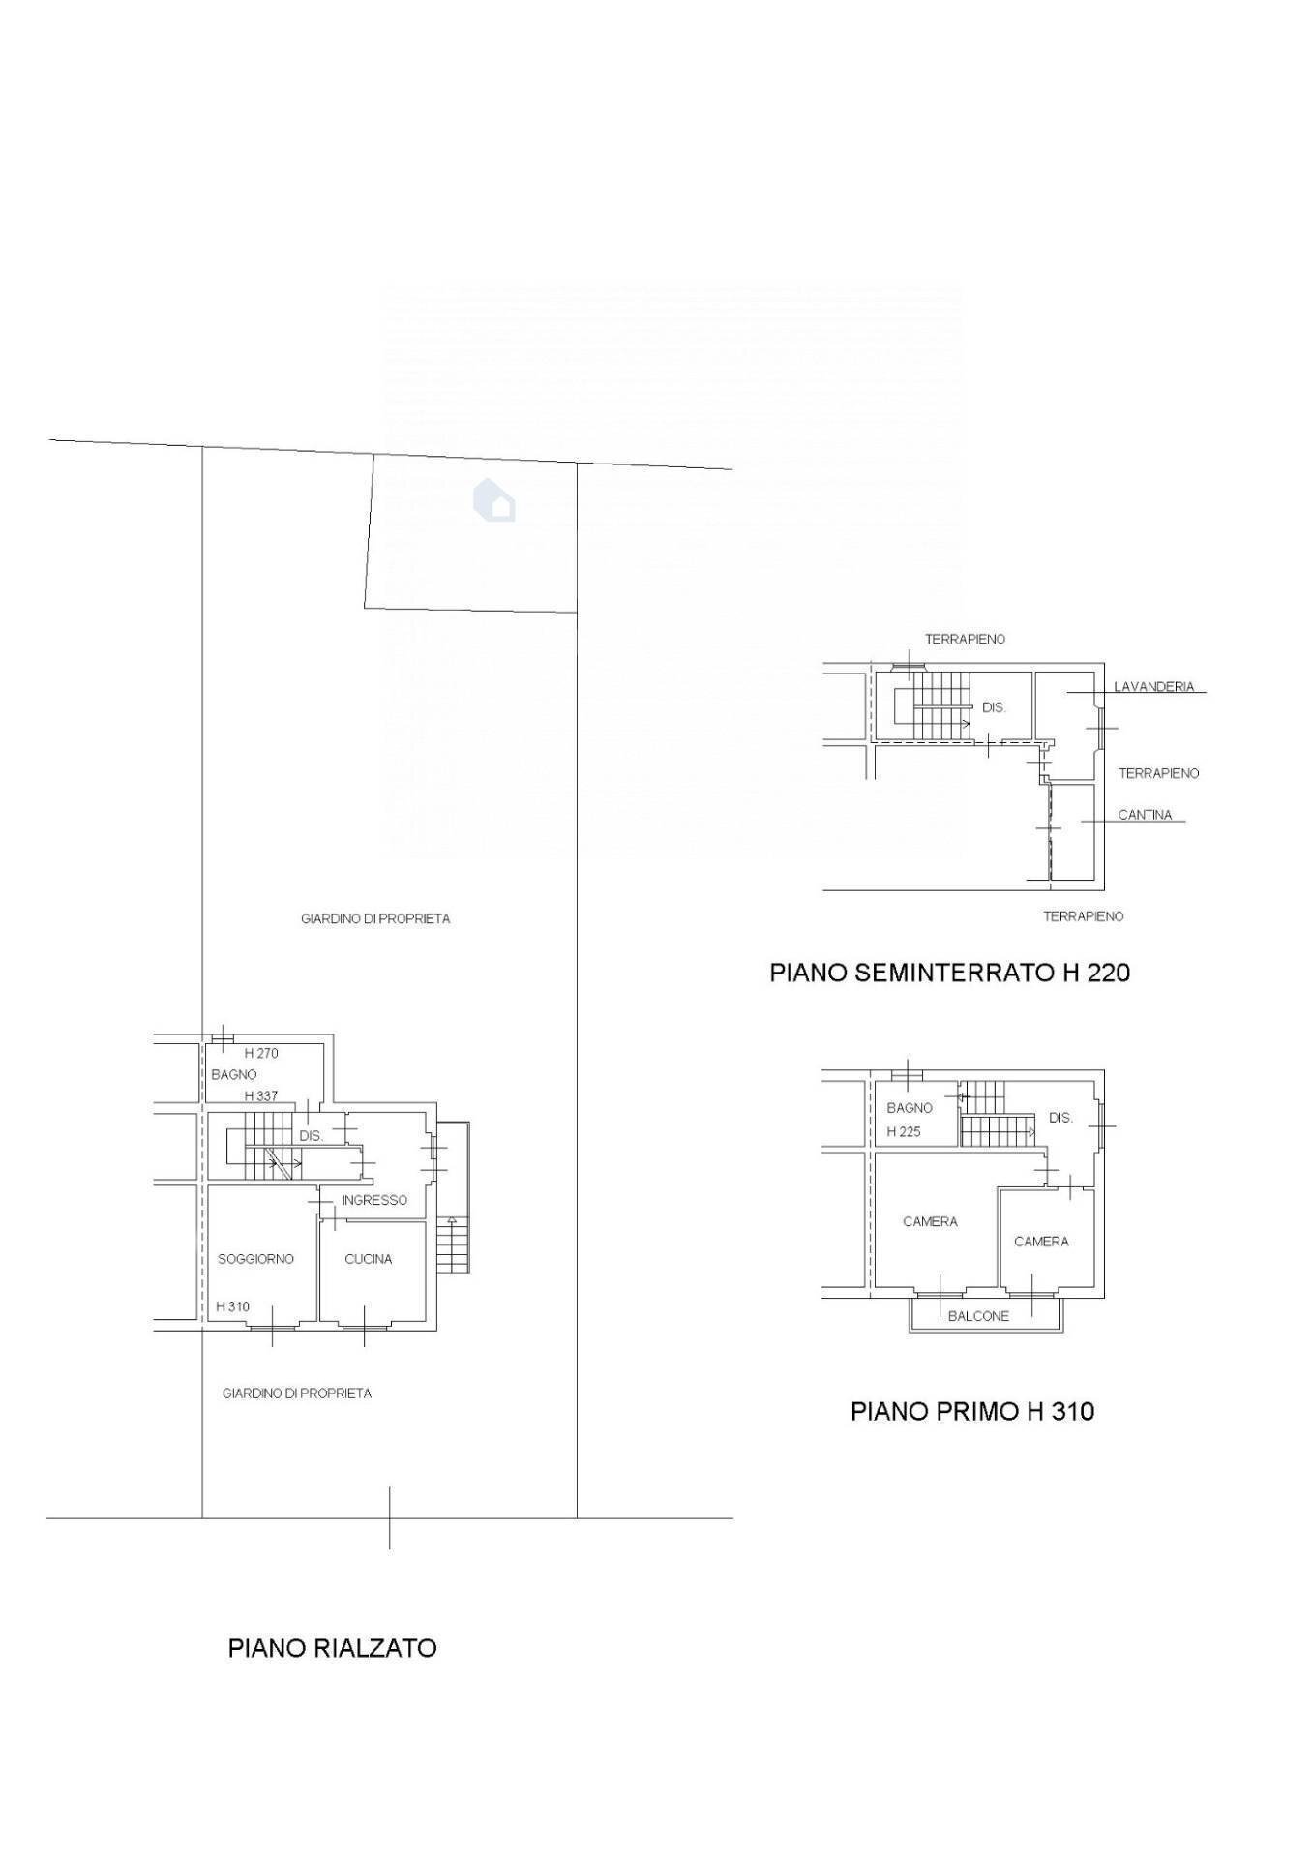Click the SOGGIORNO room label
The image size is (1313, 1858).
tap(255, 1259)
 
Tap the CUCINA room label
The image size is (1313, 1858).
tap(369, 1259)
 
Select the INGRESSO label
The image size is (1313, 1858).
tap(374, 1200)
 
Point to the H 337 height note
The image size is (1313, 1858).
tap(261, 1096)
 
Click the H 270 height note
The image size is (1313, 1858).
tap(261, 1053)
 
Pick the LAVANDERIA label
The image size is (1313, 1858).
tap(1154, 687)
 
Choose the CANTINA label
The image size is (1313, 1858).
tap(1145, 815)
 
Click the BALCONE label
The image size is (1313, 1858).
tap(978, 1316)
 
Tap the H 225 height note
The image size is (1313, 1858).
tap(904, 1131)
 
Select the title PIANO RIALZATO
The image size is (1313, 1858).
tap(332, 1648)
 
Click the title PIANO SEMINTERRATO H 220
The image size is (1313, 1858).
tap(949, 972)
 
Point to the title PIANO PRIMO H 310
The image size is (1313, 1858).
tap(972, 1411)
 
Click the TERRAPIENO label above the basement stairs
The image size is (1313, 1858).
tap(965, 639)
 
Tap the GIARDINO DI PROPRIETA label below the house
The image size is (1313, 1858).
tap(297, 1393)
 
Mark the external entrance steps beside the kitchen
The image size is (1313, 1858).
tap(452, 1244)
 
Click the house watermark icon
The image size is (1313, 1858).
tap(494, 500)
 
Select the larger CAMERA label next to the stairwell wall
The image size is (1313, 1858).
tap(930, 1221)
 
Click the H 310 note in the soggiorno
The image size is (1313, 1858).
tap(232, 1306)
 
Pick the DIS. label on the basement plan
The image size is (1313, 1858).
tap(994, 707)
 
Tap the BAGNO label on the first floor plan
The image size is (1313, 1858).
tap(910, 1108)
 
